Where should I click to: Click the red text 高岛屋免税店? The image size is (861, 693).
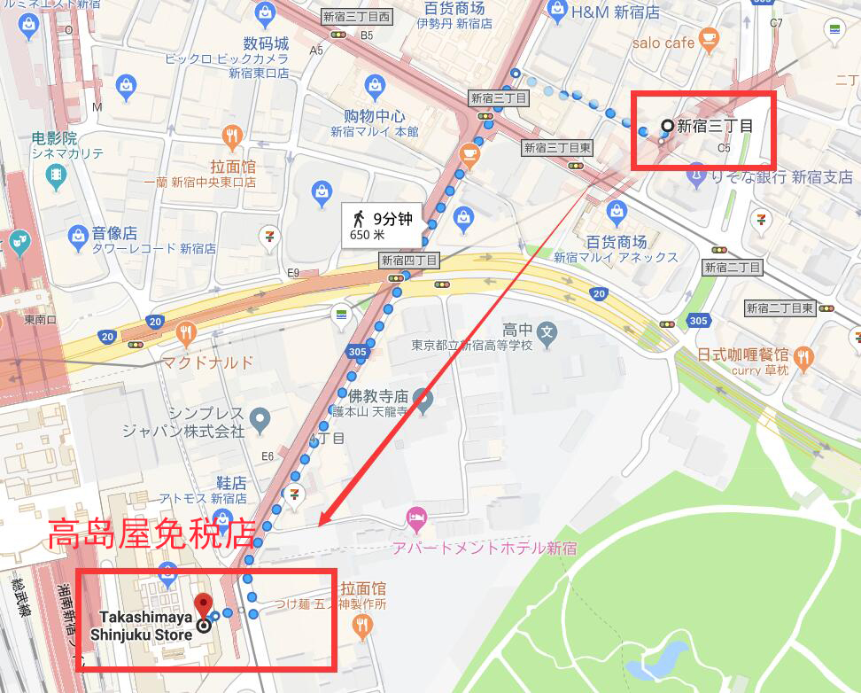pos(151,533)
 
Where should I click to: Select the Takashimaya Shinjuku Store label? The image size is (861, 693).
pos(142,625)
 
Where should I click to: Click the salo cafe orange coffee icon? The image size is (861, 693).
pos(708,37)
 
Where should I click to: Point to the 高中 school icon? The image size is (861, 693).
pos(548,332)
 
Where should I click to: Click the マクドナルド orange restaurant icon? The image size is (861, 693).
pos(185,334)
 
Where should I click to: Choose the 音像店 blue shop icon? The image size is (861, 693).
pos(78,235)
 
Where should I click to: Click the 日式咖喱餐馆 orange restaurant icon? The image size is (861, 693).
pos(803,357)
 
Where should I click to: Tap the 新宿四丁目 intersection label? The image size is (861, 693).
pos(409,261)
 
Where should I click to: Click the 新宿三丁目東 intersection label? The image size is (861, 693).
pos(557,148)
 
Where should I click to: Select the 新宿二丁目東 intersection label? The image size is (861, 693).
pos(780,308)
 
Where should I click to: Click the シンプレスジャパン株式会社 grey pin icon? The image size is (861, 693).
pos(260,417)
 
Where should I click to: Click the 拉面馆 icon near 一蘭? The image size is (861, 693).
pos(232,136)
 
